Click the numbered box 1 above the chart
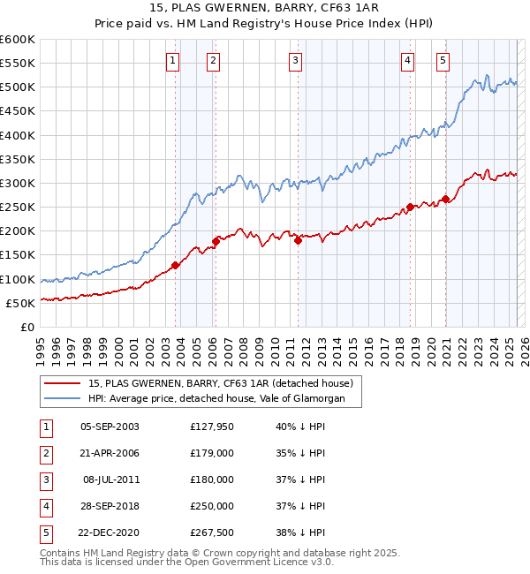[171, 61]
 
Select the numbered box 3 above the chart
[294, 61]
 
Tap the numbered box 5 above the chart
[442, 61]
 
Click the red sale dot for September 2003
[175, 265]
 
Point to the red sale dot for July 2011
[298, 240]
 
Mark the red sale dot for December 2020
[446, 199]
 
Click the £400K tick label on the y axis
[18, 136]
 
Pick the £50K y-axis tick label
[21, 303]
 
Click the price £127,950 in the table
[212, 427]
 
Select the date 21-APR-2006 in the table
[110, 453]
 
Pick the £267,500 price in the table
[212, 532]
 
